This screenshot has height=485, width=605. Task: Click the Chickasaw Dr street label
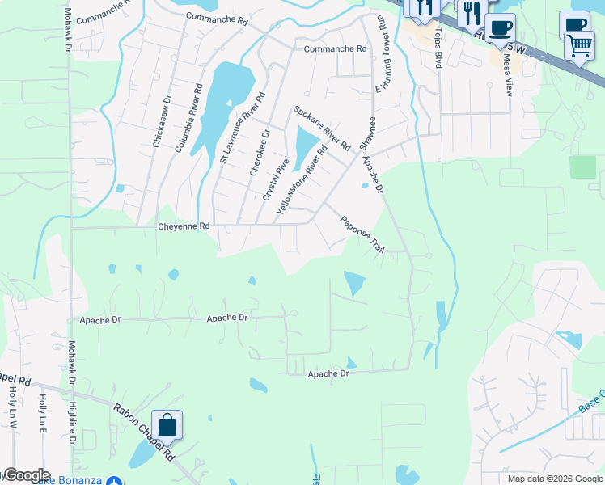tap(161, 121)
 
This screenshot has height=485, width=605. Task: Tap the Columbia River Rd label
tap(188, 116)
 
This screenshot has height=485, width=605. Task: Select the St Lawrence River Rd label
tap(243, 129)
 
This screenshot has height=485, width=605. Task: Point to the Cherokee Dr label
tap(260, 152)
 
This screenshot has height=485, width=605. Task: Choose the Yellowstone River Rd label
tap(302, 179)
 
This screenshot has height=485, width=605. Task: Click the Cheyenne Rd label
tap(183, 226)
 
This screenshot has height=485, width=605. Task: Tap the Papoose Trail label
tap(361, 233)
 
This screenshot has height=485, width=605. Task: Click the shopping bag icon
tap(167, 425)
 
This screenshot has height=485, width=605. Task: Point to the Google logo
tap(26, 475)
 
